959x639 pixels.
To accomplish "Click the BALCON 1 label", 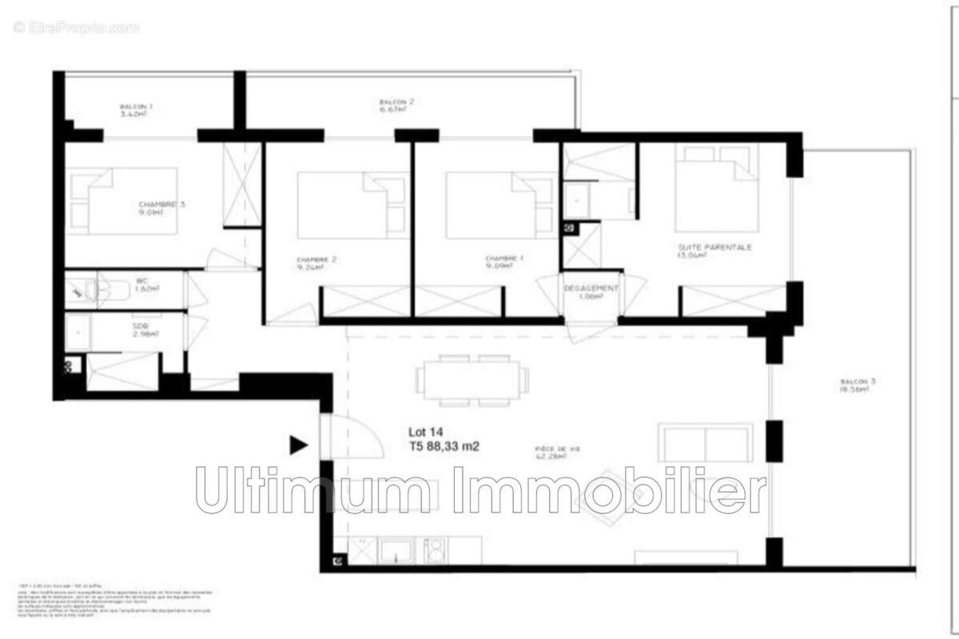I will (136, 106).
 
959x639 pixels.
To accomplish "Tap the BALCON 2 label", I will (397, 102).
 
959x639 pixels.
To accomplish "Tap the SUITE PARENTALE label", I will (714, 248).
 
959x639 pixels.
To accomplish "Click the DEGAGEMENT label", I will (591, 288).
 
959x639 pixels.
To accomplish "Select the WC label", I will (141, 280).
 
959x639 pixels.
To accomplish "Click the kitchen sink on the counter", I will (396, 550).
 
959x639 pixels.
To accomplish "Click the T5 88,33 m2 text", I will (444, 447).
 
